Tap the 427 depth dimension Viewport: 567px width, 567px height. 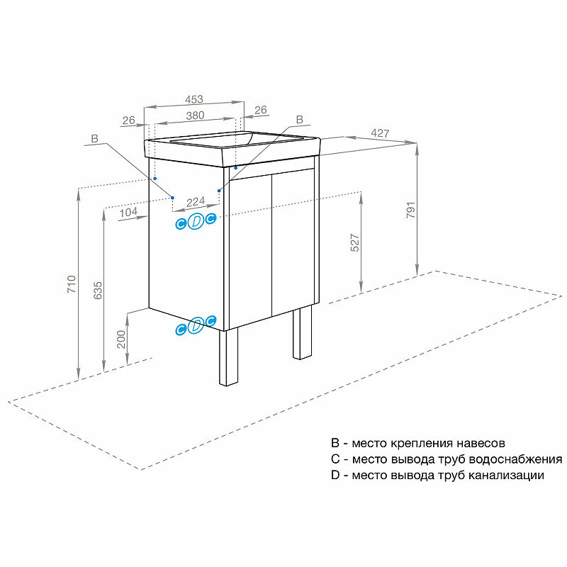pyautogui.click(x=381, y=133)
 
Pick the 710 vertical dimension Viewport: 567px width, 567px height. pyautogui.click(x=70, y=283)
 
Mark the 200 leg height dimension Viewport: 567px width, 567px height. pyautogui.click(x=121, y=339)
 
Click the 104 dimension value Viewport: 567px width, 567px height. pyautogui.click(x=128, y=211)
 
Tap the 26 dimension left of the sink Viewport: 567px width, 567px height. pyautogui.click(x=128, y=120)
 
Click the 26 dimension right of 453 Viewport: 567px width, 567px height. pyautogui.click(x=260, y=110)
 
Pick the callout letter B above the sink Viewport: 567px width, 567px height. pyautogui.click(x=298, y=119)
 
